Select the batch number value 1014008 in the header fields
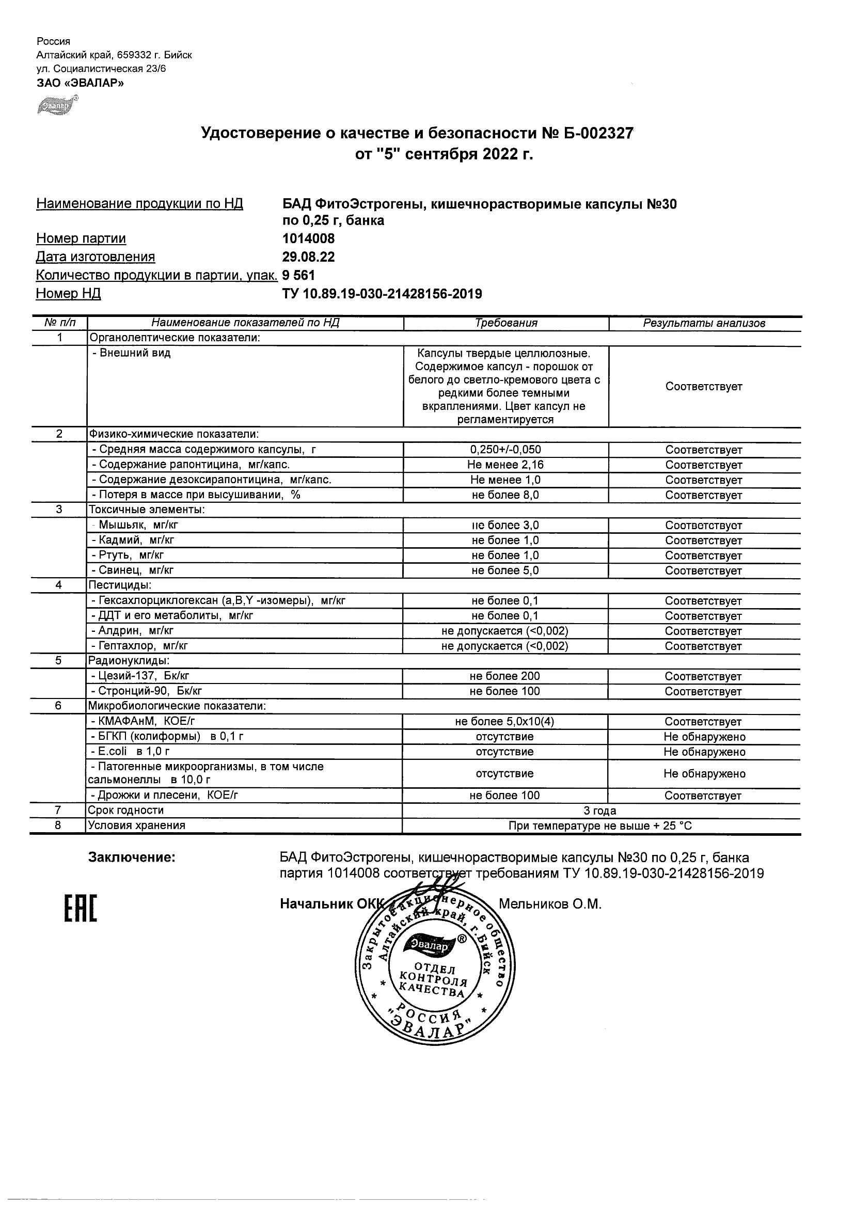click(308, 239)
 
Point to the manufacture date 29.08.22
click(308, 257)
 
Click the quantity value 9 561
click(299, 275)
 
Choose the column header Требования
click(505, 323)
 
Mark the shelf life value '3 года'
click(600, 811)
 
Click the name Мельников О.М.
click(549, 904)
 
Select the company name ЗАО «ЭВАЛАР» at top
click(80, 83)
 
